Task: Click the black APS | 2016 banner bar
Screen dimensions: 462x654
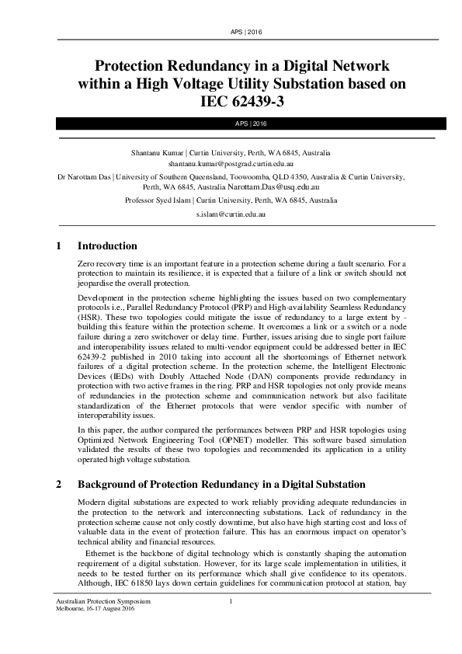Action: click(x=231, y=123)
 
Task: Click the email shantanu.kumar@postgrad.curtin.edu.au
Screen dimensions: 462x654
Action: click(x=231, y=165)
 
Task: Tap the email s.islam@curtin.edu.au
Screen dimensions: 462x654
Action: click(x=231, y=213)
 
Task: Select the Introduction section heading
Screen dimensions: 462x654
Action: click(x=107, y=246)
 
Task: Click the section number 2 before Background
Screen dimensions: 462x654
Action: click(x=59, y=484)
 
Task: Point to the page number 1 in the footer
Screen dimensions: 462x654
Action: click(x=231, y=602)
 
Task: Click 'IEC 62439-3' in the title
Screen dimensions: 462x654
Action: click(x=231, y=99)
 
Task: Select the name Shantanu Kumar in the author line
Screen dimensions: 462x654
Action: click(x=159, y=153)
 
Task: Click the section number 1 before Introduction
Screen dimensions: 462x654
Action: click(x=59, y=246)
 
